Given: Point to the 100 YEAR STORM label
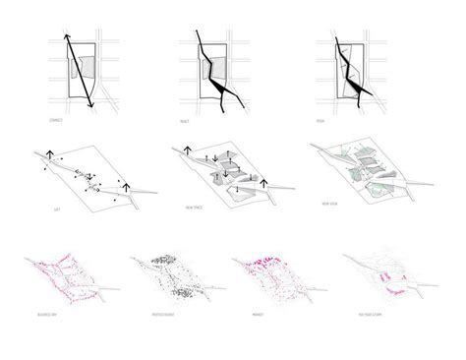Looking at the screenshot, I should tap(375, 316).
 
